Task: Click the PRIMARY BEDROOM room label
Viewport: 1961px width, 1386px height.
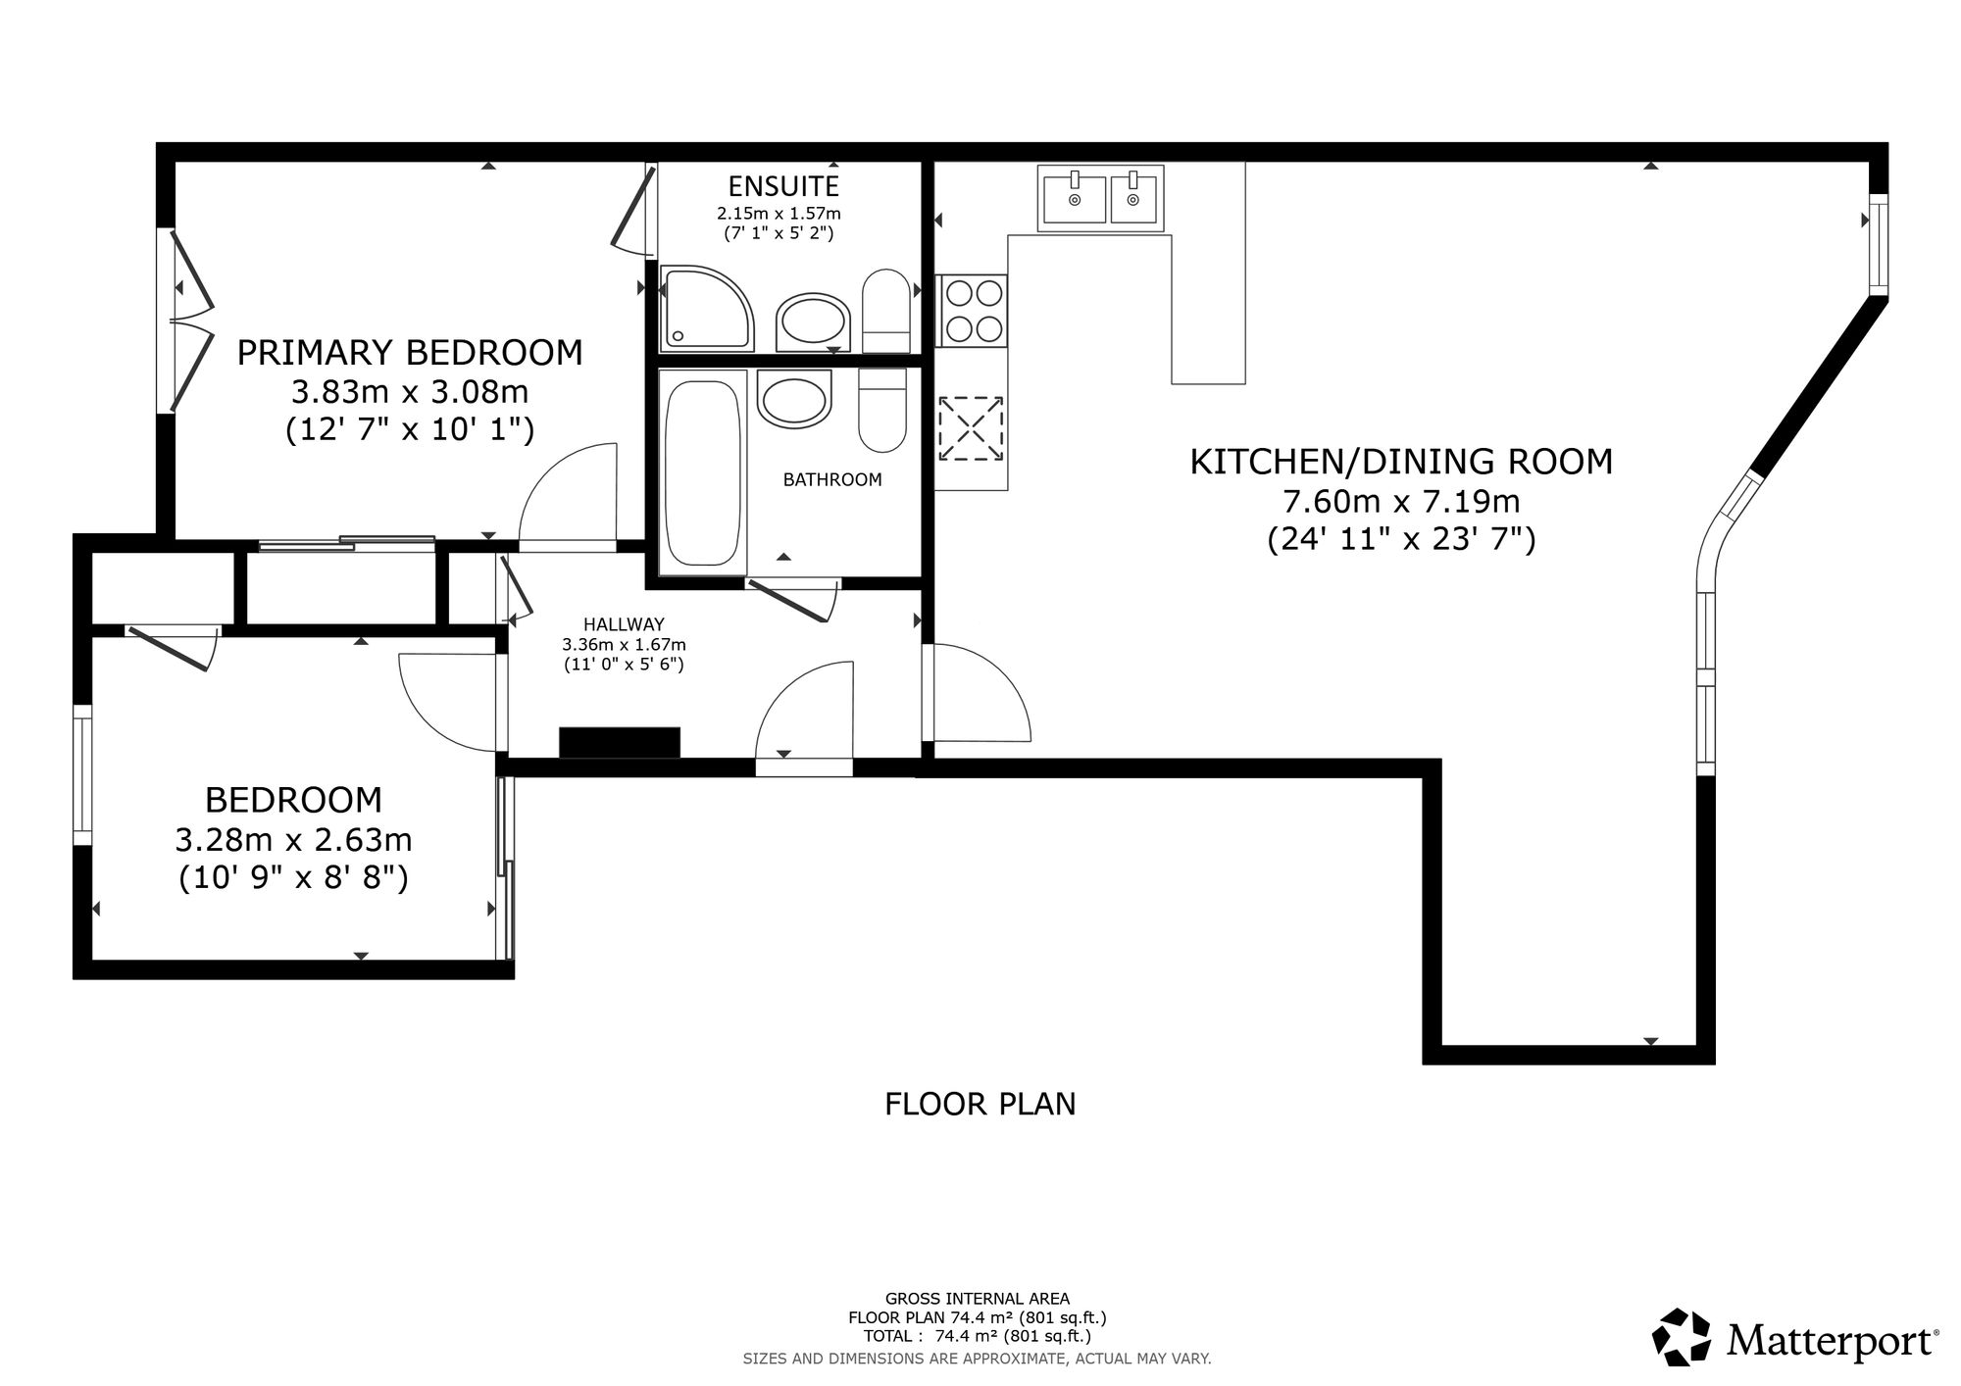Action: point(410,353)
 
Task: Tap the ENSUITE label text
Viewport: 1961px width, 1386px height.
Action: point(783,186)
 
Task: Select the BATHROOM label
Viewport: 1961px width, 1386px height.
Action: point(832,479)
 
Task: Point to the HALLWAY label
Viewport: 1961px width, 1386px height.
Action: point(624,624)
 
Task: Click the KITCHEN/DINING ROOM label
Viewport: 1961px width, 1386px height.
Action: point(1401,462)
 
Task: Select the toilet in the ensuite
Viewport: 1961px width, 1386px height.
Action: point(886,311)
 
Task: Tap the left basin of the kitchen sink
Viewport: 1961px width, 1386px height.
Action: point(1075,199)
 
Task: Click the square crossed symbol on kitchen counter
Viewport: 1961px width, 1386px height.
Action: point(971,428)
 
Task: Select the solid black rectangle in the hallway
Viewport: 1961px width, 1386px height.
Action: point(620,742)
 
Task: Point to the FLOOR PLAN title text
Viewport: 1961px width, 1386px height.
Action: point(980,1104)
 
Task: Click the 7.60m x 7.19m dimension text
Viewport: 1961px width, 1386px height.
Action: point(1401,502)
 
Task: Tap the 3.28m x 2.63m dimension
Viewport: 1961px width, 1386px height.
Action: point(293,840)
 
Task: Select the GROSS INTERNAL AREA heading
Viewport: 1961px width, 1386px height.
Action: point(978,1299)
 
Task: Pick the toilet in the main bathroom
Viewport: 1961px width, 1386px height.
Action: point(882,411)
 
